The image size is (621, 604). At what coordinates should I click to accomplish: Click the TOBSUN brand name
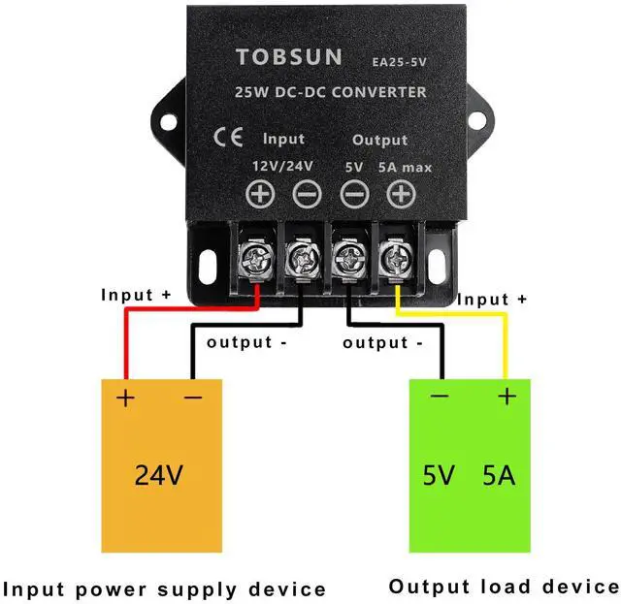click(288, 57)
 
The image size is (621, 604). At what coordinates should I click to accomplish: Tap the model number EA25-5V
click(399, 61)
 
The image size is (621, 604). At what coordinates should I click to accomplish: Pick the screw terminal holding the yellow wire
click(395, 257)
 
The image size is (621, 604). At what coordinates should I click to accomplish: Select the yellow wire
click(505, 339)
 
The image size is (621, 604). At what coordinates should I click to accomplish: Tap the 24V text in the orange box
click(160, 476)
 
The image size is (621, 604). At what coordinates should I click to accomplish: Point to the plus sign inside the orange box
click(125, 397)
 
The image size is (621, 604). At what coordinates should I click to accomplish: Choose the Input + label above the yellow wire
click(492, 300)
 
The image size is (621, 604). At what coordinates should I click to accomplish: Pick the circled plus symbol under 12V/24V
click(259, 195)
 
